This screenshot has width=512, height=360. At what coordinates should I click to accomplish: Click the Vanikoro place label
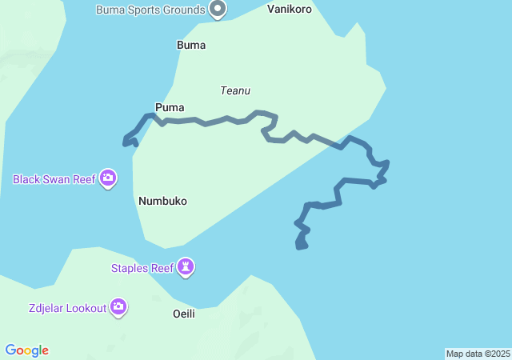click(x=289, y=10)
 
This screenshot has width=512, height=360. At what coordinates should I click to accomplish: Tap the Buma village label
click(x=191, y=46)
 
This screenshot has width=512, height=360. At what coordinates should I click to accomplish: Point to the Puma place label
click(x=170, y=107)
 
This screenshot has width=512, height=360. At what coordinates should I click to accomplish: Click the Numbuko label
click(x=162, y=201)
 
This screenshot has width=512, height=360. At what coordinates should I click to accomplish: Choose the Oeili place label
click(x=184, y=314)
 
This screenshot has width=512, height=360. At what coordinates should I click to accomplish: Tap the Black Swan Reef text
click(x=54, y=179)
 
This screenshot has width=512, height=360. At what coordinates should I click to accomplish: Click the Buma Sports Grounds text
click(x=150, y=10)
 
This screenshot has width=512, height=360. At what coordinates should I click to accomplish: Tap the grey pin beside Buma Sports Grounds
click(x=218, y=10)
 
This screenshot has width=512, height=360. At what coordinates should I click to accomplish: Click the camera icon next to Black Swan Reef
click(x=108, y=178)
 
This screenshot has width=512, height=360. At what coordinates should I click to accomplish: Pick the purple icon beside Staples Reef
click(x=186, y=267)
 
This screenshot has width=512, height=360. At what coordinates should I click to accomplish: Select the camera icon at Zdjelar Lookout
click(x=118, y=306)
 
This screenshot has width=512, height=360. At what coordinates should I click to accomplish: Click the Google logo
click(x=27, y=350)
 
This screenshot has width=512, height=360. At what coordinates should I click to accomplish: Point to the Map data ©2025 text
click(x=478, y=354)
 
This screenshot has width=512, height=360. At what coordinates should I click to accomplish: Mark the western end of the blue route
click(x=125, y=143)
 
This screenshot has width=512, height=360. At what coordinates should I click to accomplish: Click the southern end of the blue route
click(x=301, y=246)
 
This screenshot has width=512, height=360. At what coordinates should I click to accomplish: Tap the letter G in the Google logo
click(x=10, y=350)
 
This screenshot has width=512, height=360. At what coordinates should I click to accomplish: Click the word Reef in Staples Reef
click(x=162, y=268)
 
